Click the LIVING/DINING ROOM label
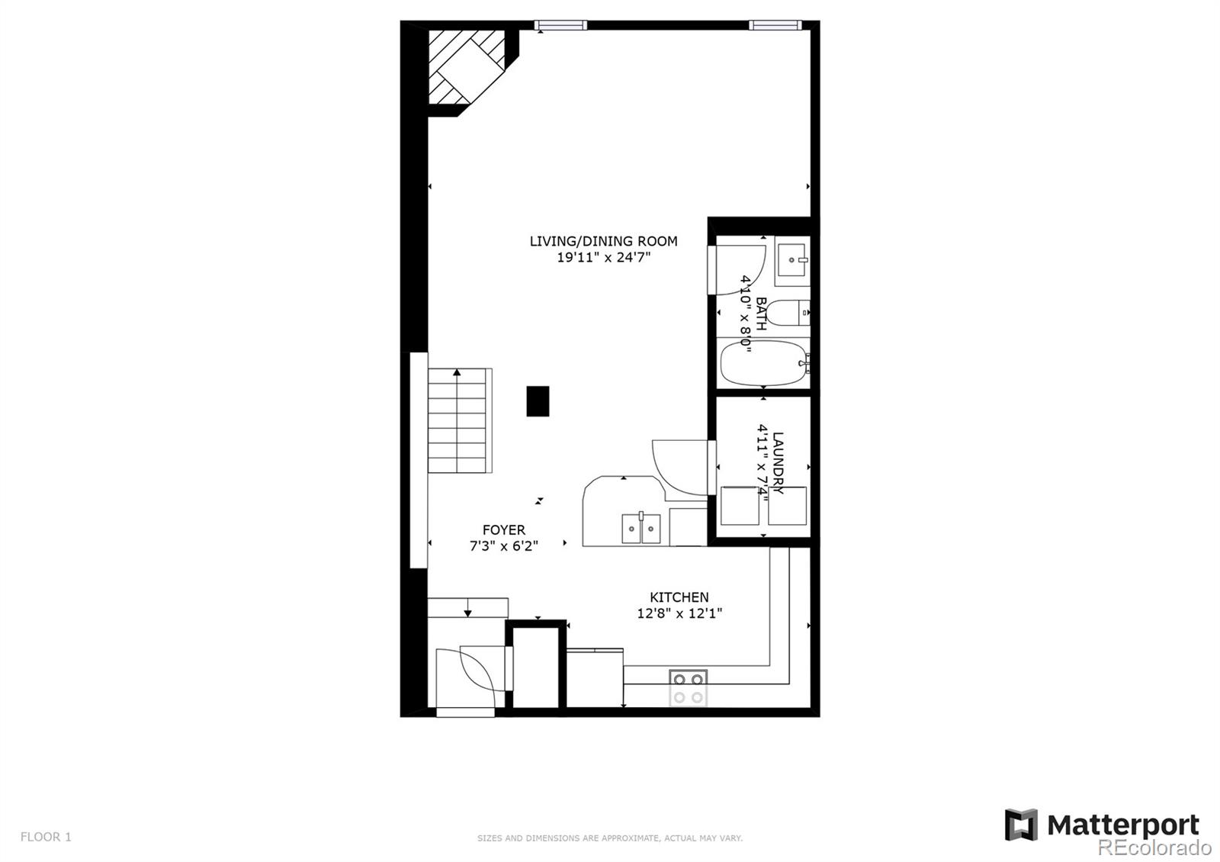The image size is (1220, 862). click(x=603, y=241)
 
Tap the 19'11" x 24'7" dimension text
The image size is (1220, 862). click(x=603, y=258)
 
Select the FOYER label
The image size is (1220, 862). click(x=503, y=529)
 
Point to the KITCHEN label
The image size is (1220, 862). click(x=679, y=597)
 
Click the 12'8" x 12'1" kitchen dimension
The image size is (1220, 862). click(x=679, y=613)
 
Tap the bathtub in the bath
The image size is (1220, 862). click(x=763, y=363)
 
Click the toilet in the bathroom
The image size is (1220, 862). click(x=786, y=313)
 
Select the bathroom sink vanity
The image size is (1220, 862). click(x=792, y=261)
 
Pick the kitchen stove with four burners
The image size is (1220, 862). click(x=688, y=687)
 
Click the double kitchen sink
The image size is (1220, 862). click(x=640, y=528)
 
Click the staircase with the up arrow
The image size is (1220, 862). click(x=457, y=420)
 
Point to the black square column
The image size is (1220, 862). click(x=538, y=401)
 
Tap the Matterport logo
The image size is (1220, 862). click(x=1102, y=825)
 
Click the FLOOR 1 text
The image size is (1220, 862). click(x=46, y=837)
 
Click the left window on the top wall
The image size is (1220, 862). click(x=560, y=25)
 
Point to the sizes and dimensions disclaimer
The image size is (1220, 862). click(x=609, y=838)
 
